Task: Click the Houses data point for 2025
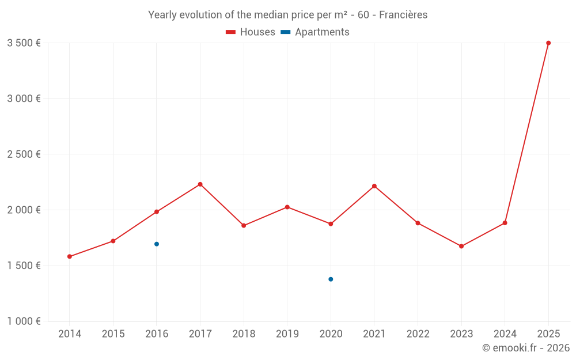click(x=548, y=43)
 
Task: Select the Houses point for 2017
click(x=200, y=184)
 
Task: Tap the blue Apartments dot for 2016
click(x=157, y=244)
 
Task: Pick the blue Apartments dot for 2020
click(x=331, y=279)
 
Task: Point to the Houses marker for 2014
click(x=70, y=256)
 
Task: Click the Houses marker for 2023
click(x=461, y=246)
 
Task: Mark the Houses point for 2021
click(x=374, y=186)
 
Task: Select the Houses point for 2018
click(x=244, y=225)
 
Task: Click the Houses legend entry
click(x=251, y=32)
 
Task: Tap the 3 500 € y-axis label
click(x=24, y=43)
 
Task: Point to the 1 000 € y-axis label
click(x=24, y=321)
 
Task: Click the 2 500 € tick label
click(x=24, y=154)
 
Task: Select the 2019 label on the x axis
click(x=287, y=334)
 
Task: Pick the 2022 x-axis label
click(x=418, y=334)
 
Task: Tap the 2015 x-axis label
click(x=113, y=334)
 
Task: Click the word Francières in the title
click(x=403, y=15)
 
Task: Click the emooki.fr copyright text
click(x=526, y=348)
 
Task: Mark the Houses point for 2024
click(x=505, y=223)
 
